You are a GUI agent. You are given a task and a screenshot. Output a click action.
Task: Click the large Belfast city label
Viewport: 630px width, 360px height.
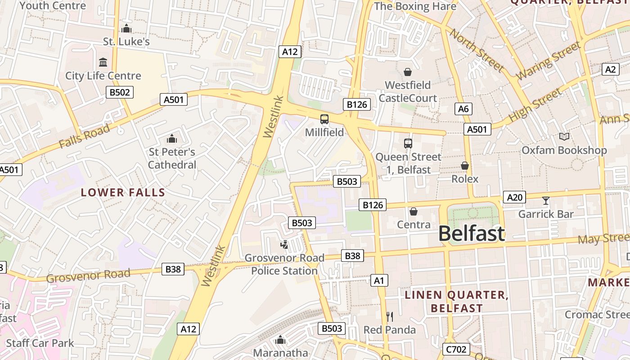(471, 234)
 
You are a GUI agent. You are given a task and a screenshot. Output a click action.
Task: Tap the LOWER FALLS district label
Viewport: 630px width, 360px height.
(123, 193)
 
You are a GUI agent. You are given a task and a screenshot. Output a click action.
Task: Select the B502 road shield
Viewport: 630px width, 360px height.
(120, 93)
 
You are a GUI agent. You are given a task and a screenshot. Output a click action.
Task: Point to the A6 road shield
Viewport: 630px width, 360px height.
(463, 108)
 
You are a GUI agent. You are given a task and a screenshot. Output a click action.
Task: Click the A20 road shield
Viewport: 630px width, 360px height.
(514, 197)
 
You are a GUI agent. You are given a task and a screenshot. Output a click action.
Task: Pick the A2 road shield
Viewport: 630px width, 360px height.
(610, 69)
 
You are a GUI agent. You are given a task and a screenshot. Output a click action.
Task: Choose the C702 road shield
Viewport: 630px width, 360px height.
(456, 349)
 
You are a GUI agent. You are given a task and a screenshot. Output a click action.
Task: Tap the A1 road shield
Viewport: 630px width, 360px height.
(378, 281)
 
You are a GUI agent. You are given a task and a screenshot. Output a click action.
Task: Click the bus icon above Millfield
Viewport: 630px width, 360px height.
(324, 119)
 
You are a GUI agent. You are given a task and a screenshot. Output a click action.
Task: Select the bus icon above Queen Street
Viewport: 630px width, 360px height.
(408, 144)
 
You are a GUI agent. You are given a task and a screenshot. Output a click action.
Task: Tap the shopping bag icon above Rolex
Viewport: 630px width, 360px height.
(465, 166)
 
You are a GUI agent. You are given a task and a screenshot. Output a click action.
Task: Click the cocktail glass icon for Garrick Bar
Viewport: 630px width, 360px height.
(546, 201)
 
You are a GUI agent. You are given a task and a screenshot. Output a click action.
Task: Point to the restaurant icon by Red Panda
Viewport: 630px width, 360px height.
(390, 317)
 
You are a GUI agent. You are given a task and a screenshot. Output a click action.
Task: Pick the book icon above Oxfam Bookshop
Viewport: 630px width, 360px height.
(564, 136)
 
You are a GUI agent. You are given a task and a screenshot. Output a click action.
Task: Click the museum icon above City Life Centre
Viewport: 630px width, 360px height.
(103, 62)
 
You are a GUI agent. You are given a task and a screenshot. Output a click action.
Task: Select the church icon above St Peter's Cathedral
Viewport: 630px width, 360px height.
(171, 139)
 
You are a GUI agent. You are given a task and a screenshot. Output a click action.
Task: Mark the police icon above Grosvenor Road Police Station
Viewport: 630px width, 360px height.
(284, 245)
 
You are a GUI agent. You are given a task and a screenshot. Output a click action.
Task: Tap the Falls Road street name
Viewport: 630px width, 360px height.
(84, 136)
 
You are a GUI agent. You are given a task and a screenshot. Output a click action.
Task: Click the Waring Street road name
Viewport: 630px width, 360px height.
(549, 61)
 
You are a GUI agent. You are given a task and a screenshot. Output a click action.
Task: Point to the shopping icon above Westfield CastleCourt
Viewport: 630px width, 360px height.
(408, 72)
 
